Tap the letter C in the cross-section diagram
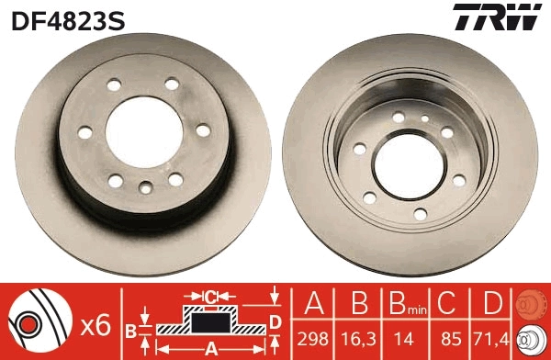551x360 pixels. [x=210, y=296]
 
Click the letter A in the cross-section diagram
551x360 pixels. [x=210, y=347]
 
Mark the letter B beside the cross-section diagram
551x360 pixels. [x=130, y=328]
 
